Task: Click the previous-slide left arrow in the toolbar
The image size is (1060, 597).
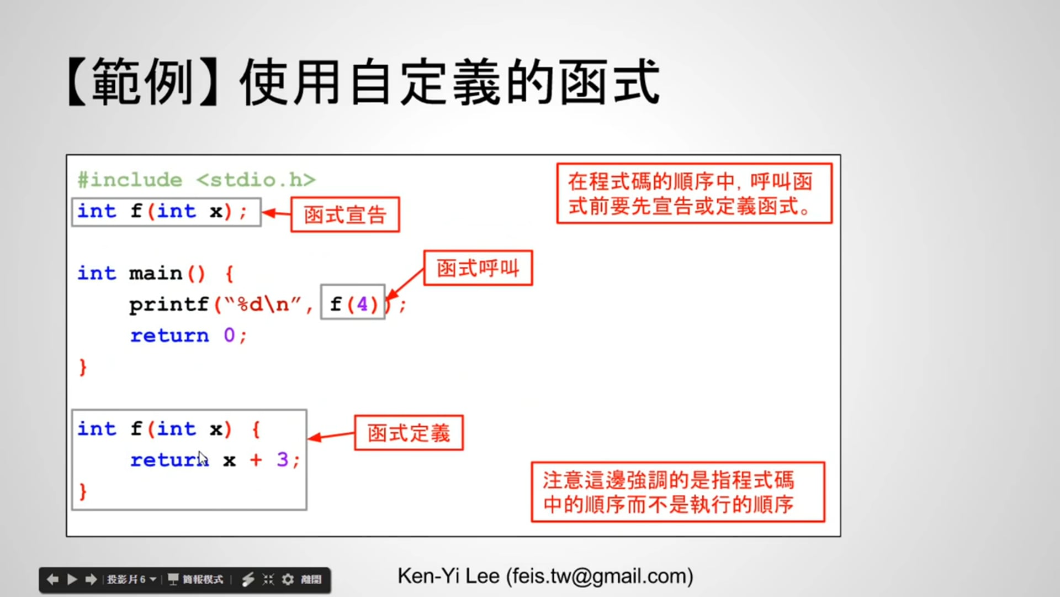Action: [x=53, y=579]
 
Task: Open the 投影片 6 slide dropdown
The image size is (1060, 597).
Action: [x=131, y=579]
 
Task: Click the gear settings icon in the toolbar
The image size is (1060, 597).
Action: [x=288, y=579]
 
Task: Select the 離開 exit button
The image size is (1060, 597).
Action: [x=311, y=579]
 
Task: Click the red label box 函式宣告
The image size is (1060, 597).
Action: [x=345, y=214]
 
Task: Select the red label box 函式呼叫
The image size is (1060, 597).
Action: [x=478, y=268]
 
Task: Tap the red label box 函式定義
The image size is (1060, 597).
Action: [x=409, y=433]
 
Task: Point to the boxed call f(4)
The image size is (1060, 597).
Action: [x=353, y=303]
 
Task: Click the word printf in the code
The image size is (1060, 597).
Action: [x=168, y=305]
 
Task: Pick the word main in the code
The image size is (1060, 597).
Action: [x=155, y=273]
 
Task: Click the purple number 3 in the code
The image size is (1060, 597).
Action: [x=283, y=459]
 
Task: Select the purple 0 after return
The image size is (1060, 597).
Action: [x=229, y=335]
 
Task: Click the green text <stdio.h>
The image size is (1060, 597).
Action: [x=256, y=180]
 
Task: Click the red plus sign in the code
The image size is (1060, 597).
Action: [x=256, y=459]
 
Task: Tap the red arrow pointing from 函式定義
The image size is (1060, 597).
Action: [x=331, y=436]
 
